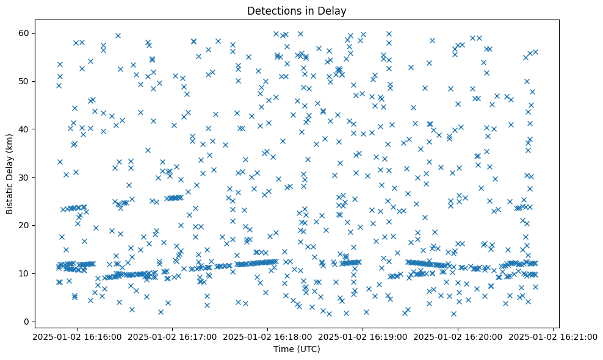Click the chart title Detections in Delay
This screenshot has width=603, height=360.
(x=296, y=10)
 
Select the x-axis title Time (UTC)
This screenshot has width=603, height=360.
(x=296, y=349)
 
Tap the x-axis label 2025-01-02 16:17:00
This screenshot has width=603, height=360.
(x=172, y=336)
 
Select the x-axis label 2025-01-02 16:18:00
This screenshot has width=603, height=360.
(x=267, y=336)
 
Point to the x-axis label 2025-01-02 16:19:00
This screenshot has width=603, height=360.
(x=363, y=336)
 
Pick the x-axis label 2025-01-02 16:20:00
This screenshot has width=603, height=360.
(x=458, y=336)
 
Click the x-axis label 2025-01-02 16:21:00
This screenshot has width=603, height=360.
(x=553, y=336)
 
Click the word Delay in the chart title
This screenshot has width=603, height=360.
(x=333, y=10)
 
